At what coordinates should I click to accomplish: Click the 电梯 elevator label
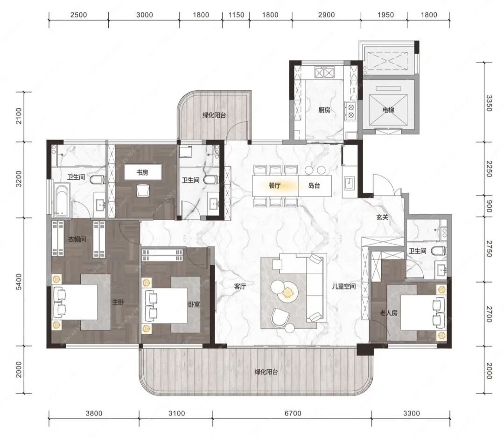pyautogui.click(x=388, y=110)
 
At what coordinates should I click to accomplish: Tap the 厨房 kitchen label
pyautogui.click(x=324, y=110)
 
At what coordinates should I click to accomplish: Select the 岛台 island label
pyautogui.click(x=314, y=185)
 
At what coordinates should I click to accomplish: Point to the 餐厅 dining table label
pyautogui.click(x=275, y=185)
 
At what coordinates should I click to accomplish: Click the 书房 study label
pyautogui.click(x=142, y=173)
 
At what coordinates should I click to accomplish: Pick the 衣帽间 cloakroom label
pyautogui.click(x=77, y=239)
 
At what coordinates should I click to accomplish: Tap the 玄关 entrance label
pyautogui.click(x=383, y=218)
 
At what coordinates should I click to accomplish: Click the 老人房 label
pyautogui.click(x=389, y=313)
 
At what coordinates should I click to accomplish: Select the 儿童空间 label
pyautogui.click(x=344, y=286)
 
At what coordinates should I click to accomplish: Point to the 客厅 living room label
pyautogui.click(x=240, y=286)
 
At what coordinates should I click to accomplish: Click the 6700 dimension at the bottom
pyautogui.click(x=293, y=413)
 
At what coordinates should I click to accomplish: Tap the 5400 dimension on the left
pyautogui.click(x=19, y=282)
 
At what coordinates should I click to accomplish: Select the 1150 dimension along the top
pyautogui.click(x=236, y=15)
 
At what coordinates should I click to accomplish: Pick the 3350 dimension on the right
pyautogui.click(x=489, y=103)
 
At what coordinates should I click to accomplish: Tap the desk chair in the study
pyautogui.click(x=143, y=190)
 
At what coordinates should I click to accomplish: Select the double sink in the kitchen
pyautogui.click(x=324, y=73)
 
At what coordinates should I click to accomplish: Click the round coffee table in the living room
pyautogui.click(x=285, y=290)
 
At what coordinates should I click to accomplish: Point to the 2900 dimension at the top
pyautogui.click(x=327, y=15)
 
